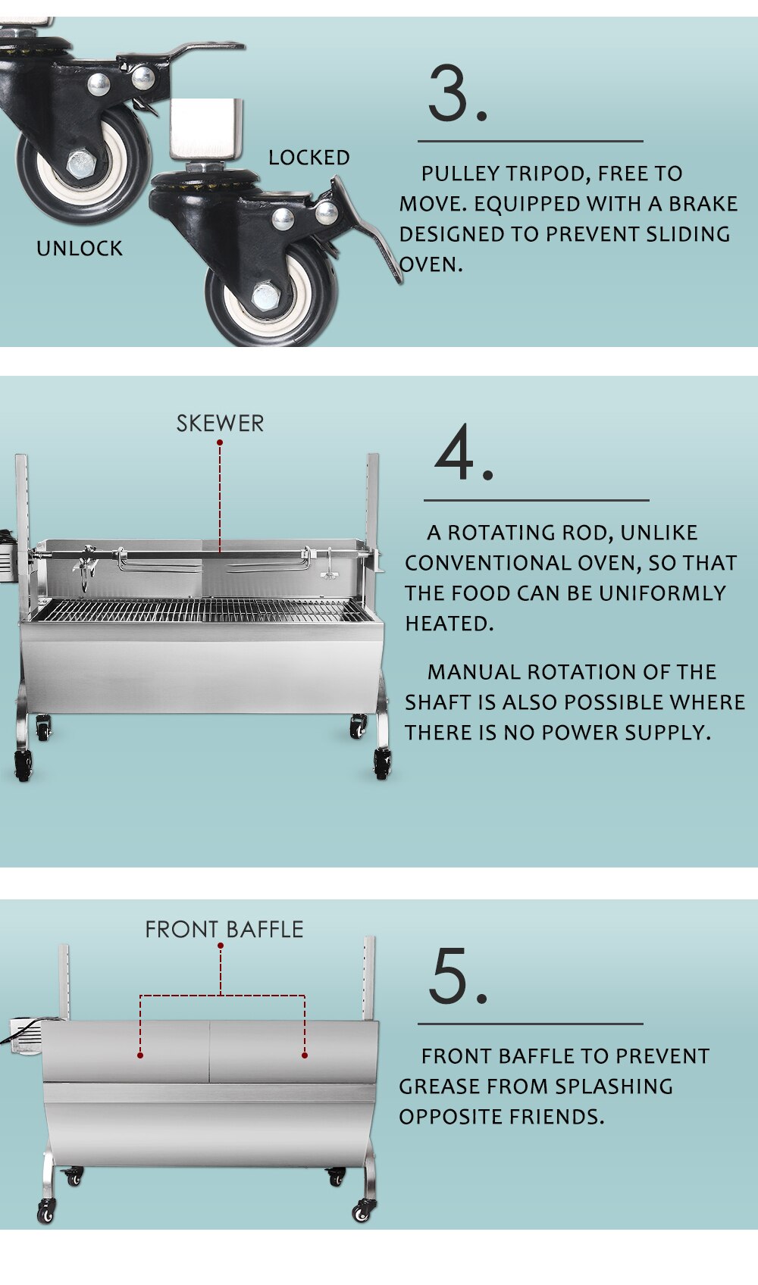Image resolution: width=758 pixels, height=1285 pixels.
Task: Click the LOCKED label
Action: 309,158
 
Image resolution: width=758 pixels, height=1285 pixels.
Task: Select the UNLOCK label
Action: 80,249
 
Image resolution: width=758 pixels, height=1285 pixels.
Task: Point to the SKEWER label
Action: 220,424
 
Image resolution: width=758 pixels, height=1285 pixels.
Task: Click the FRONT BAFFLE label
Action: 224,930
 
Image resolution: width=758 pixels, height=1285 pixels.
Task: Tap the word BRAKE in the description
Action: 703,204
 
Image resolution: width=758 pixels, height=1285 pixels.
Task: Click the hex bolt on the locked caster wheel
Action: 265,296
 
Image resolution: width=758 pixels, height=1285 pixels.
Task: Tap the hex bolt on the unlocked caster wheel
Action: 80,164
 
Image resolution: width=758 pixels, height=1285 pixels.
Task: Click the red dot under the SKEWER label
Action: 220,442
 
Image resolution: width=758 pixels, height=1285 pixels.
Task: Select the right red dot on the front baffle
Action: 304,1055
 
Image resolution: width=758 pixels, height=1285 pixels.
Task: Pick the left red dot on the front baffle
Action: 140,1055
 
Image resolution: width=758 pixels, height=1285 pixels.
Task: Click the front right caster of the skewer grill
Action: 381,764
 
